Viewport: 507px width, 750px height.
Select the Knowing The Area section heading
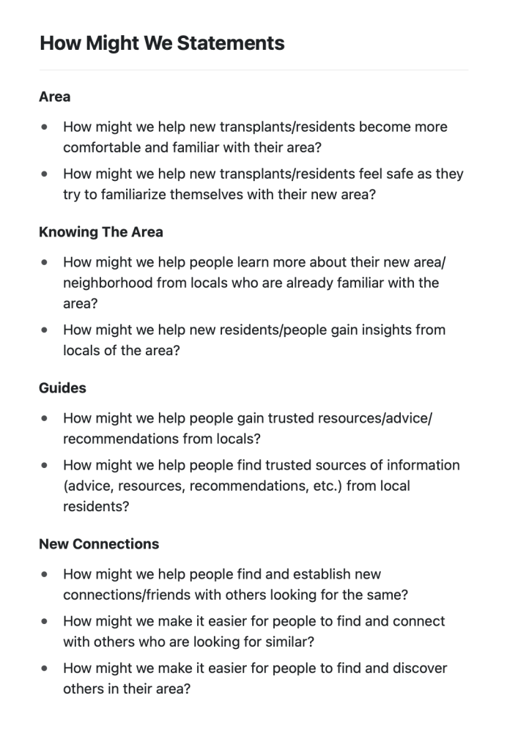(101, 232)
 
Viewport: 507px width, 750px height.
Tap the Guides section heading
(62, 388)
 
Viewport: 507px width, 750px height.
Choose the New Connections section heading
(99, 544)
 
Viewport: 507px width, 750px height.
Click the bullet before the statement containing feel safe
(46, 174)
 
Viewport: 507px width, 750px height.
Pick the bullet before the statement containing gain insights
(46, 330)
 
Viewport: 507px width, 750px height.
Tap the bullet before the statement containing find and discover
(46, 668)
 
